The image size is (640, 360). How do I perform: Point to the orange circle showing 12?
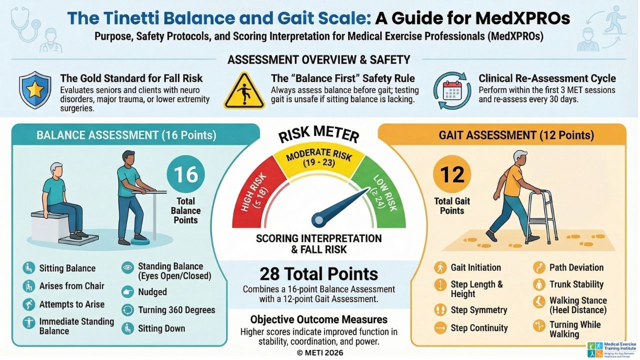pyautogui.click(x=452, y=175)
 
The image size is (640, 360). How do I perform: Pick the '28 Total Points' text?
pyautogui.click(x=318, y=274)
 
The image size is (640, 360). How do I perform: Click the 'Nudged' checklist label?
pyautogui.click(x=152, y=291)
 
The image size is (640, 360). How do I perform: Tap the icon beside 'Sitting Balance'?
pyautogui.click(x=28, y=268)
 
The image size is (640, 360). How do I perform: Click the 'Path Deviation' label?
pyautogui.click(x=576, y=267)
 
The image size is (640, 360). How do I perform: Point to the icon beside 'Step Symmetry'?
pyautogui.click(x=440, y=310)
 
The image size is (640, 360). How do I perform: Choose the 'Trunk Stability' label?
pyautogui.click(x=576, y=284)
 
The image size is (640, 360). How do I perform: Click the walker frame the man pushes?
pyautogui.click(x=542, y=215)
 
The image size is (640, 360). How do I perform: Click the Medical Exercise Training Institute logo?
pyautogui.click(x=611, y=349)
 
